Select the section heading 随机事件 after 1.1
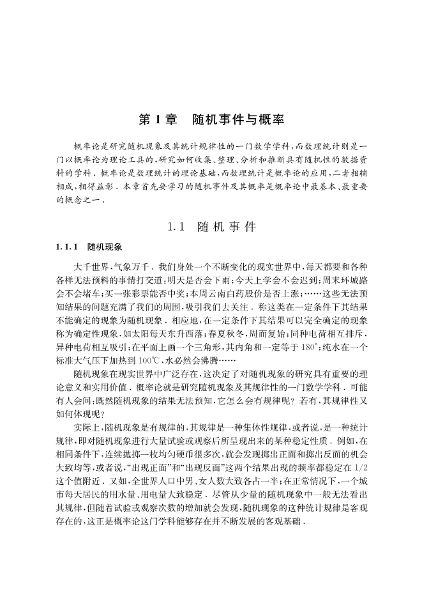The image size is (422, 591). point(226,226)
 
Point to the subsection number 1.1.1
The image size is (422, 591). point(66,246)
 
